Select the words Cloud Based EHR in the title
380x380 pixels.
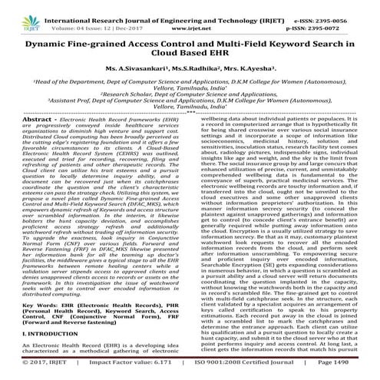190,58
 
